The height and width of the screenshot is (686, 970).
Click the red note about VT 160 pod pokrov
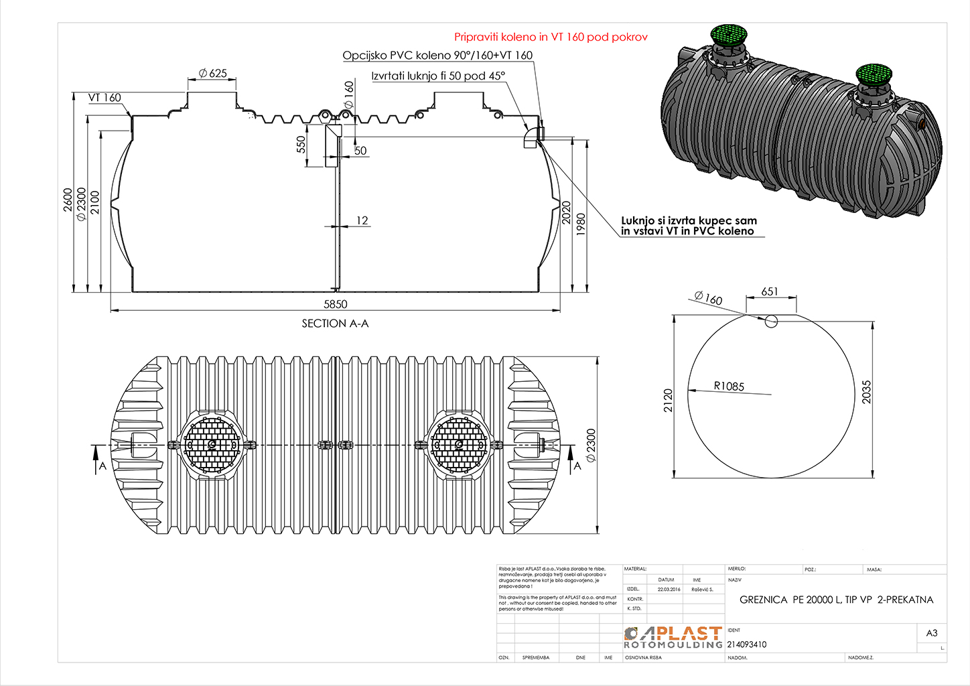pos(551,37)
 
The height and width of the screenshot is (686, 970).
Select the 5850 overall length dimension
pos(336,304)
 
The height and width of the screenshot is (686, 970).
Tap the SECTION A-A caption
pos(335,324)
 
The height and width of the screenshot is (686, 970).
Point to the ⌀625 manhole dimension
pos(213,73)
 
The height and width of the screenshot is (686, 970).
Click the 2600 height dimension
pos(68,200)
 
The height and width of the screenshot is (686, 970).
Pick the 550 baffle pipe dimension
pos(301,145)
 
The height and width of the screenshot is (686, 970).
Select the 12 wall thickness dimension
pos(362,220)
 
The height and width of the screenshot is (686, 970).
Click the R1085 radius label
pos(729,387)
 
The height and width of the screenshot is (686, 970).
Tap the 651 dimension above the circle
pos(770,291)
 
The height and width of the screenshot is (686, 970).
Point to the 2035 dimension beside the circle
pos(866,392)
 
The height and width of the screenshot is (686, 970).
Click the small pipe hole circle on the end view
pos(771,321)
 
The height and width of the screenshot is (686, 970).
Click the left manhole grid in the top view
pos(212,444)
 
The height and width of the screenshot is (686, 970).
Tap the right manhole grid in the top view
pos(458,444)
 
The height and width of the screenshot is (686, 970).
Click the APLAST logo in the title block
pos(673,637)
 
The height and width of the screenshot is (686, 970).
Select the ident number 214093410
pos(747,644)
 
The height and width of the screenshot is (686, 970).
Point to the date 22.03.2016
pos(669,590)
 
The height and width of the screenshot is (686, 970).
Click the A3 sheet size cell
pos(931,633)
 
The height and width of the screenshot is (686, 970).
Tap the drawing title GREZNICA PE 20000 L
pos(836,600)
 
